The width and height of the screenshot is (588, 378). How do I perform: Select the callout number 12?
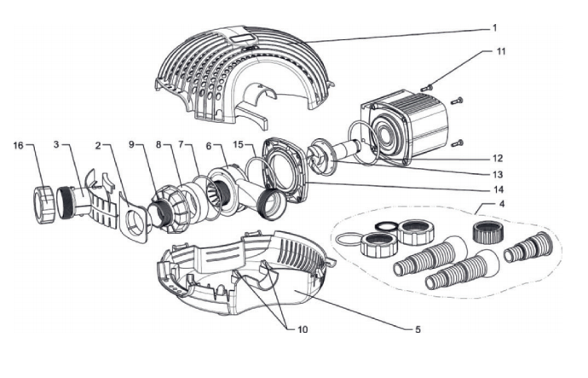pos(496,158)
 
